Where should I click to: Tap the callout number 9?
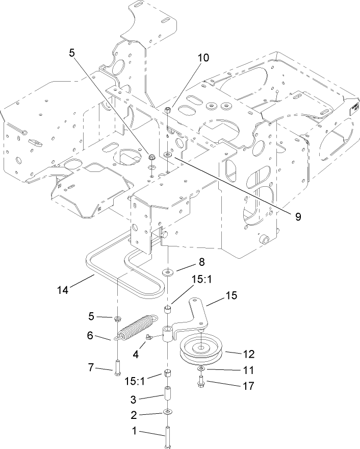click(297, 216)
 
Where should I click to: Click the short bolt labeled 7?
click(117, 367)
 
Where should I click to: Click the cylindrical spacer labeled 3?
click(168, 396)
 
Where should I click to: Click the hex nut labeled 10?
click(168, 109)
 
